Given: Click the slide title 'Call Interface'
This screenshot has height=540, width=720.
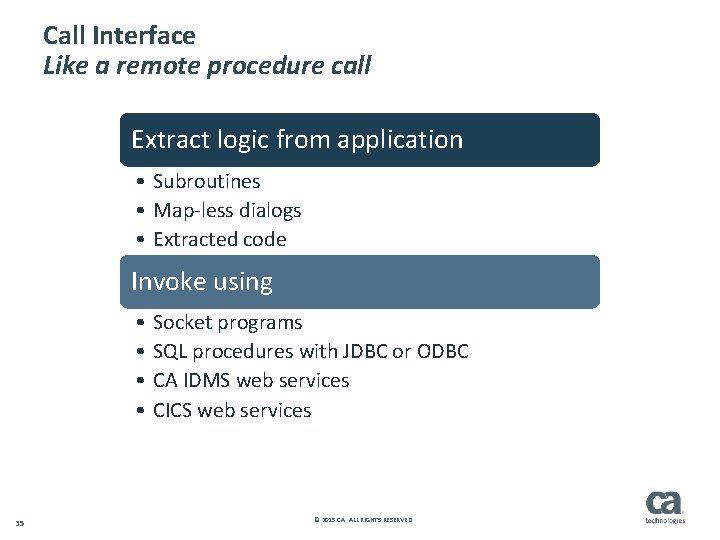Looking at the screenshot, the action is pyautogui.click(x=119, y=36).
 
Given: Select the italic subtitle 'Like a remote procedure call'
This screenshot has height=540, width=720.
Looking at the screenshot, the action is pyautogui.click(x=207, y=67).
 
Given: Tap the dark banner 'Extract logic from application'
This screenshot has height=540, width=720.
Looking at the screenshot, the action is pyautogui.click(x=359, y=139).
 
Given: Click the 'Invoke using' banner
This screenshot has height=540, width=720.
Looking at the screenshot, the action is pyautogui.click(x=359, y=282).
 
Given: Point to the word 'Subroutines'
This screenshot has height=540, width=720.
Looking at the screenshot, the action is pyautogui.click(x=206, y=181).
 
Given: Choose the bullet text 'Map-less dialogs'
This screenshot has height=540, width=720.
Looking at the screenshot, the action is pyautogui.click(x=227, y=210).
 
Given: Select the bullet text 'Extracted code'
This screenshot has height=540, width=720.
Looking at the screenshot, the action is pyautogui.click(x=219, y=239).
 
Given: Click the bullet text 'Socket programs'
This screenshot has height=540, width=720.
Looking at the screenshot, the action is pyautogui.click(x=227, y=322).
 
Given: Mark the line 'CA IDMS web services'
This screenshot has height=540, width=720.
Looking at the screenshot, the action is pyautogui.click(x=251, y=380).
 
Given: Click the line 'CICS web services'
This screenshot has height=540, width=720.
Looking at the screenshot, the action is pyautogui.click(x=232, y=410).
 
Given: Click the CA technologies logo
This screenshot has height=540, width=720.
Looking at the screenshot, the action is pyautogui.click(x=665, y=506).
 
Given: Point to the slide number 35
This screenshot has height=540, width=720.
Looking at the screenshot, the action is pyautogui.click(x=20, y=522).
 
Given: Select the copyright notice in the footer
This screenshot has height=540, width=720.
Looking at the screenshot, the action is pyautogui.click(x=362, y=520).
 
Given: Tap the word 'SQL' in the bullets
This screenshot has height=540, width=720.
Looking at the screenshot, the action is pyautogui.click(x=170, y=351).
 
